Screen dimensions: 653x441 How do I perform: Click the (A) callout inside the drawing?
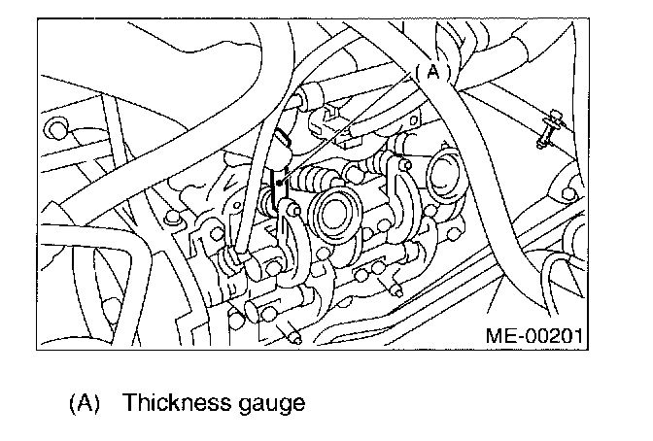pos(433,71)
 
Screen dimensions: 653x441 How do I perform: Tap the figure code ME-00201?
pos(532,336)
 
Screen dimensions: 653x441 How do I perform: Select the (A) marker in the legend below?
pos(85,401)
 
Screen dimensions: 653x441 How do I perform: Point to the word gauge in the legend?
pos(264,403)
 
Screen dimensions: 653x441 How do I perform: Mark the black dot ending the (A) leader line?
pos(279,181)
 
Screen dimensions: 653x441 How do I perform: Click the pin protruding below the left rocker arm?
pos(292,334)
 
